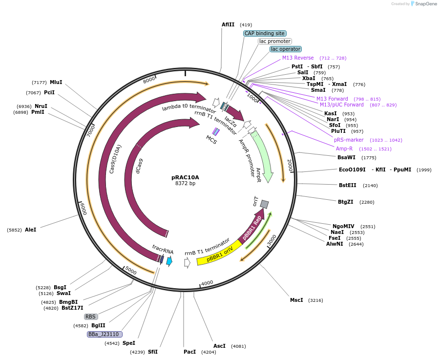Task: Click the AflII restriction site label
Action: point(228,24)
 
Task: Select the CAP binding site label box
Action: point(264,33)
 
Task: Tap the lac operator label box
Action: point(286,49)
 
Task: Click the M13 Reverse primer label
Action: point(298,58)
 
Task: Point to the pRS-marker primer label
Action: point(349,140)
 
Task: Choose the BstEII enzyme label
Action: point(348,185)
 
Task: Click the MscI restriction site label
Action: point(296,300)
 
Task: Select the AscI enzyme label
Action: point(219,346)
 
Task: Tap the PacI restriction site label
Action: point(189,352)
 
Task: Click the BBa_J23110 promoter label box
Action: point(105,334)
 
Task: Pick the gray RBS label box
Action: point(91,317)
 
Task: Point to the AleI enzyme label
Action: point(30,230)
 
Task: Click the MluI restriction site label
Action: point(56,82)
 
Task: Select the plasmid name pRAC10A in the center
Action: point(185,177)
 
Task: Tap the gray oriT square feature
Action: point(264,204)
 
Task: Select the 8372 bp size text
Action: point(185,184)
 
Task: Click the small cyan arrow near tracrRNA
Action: point(169,261)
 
